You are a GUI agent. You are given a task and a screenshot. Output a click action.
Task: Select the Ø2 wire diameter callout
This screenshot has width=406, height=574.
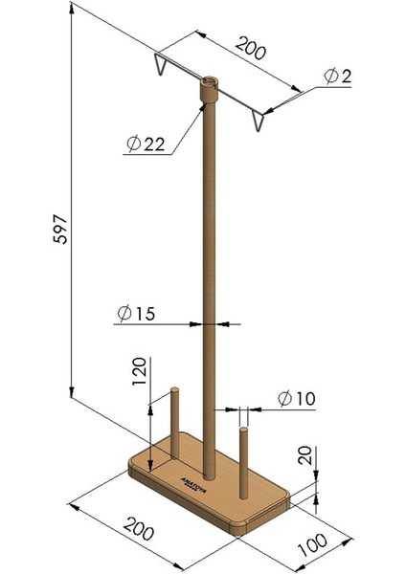click(335, 76)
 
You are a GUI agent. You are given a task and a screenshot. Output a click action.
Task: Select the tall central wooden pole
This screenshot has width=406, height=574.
click(208, 287)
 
